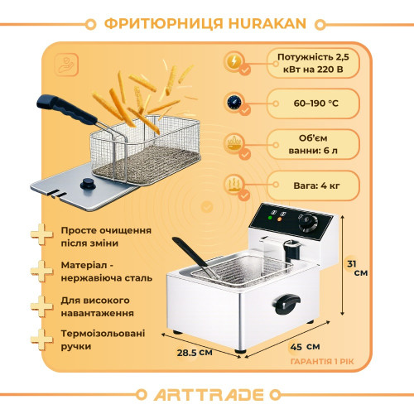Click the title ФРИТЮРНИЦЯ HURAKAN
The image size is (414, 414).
click(206, 22)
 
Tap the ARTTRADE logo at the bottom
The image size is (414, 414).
click(207, 392)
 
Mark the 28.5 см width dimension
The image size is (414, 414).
click(195, 351)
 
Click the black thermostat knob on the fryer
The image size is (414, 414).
click(310, 223)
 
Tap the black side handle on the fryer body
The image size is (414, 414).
click(286, 304)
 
